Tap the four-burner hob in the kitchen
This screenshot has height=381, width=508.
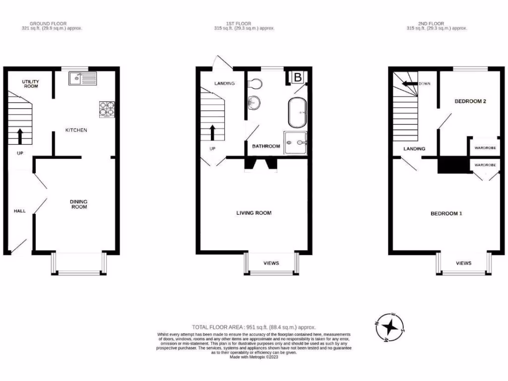(x=107, y=109)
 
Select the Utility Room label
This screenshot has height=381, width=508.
(x=30, y=83)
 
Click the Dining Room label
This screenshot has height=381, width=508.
(x=78, y=204)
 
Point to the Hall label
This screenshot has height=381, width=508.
(x=19, y=211)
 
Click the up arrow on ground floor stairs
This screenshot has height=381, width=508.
(x=20, y=135)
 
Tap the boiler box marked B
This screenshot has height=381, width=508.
(x=298, y=77)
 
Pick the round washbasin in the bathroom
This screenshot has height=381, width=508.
(x=254, y=102)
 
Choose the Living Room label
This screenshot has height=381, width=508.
(x=254, y=213)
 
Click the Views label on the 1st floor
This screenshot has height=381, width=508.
(x=271, y=263)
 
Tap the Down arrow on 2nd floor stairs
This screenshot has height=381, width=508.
(x=410, y=84)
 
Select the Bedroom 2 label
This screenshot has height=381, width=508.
(x=470, y=101)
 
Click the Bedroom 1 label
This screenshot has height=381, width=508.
(x=446, y=213)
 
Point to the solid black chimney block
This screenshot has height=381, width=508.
(x=453, y=165)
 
